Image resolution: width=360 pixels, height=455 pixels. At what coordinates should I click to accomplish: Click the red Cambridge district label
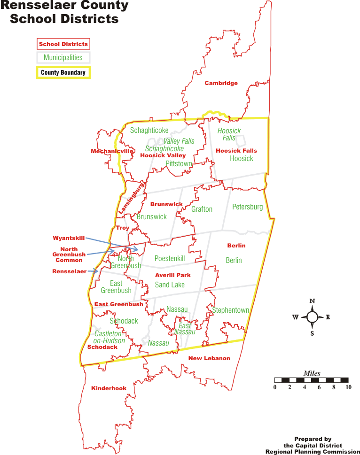221,83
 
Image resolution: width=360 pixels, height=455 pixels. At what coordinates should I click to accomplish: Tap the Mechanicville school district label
112,151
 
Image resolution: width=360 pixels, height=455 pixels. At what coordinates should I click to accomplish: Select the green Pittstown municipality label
179,164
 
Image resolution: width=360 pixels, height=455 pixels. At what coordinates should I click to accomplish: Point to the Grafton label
202,209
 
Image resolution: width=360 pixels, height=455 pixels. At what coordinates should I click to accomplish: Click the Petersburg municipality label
247,207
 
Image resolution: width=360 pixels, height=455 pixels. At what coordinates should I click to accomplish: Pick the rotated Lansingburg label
131,199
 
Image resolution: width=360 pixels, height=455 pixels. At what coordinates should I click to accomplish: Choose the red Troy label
122,228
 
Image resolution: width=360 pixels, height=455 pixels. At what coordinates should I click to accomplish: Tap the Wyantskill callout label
69,238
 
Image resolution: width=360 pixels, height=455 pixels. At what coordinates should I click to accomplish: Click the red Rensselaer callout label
69,271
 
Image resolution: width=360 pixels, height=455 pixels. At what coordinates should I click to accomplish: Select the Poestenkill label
170,259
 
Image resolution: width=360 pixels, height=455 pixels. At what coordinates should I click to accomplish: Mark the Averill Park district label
173,275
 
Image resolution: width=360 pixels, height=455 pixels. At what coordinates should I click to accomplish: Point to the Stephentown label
230,310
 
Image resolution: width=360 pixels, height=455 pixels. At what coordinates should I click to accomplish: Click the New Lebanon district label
209,358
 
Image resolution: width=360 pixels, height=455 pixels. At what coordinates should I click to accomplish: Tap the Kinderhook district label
109,388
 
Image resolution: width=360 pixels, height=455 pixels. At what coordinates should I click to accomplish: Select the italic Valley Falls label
179,141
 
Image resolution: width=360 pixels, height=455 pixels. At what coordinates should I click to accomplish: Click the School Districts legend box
63,44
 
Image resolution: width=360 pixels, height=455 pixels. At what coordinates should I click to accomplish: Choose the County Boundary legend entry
63,72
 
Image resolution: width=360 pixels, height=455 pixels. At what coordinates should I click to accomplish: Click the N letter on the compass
312,301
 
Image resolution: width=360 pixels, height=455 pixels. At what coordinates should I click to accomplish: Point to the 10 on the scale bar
348,387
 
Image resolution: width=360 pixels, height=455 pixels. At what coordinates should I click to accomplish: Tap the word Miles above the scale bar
312,374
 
